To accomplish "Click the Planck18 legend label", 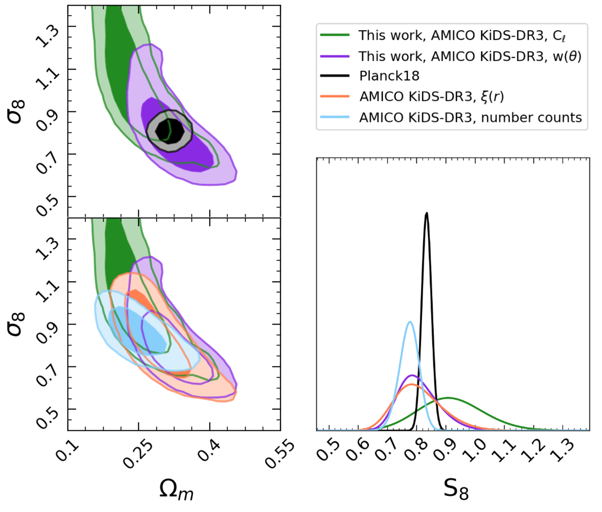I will (389, 76).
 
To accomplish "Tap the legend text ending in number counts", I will (470, 117).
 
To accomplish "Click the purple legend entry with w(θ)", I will (470, 56).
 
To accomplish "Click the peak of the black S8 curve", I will (426, 213).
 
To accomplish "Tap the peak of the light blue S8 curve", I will (410, 321).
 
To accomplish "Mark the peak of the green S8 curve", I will (446, 398).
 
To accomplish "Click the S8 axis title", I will (456, 489).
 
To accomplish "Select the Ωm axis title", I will (176, 489).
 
